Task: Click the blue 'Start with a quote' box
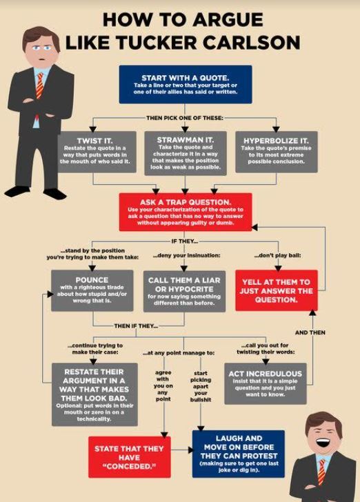tap(186, 85)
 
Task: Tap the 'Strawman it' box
tap(186, 153)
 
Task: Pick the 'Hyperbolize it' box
tap(277, 152)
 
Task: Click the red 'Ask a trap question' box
tap(186, 212)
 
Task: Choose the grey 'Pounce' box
tap(92, 291)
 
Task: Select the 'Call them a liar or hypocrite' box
tap(184, 291)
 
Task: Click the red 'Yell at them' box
tap(277, 290)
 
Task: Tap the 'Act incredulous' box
tap(266, 383)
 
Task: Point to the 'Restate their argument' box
tap(94, 394)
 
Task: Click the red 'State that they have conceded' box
tap(130, 457)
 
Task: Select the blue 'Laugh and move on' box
tap(239, 454)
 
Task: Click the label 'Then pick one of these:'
tap(185, 118)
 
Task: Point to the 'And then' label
tap(310, 332)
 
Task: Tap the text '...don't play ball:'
tap(277, 255)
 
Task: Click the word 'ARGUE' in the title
tap(228, 20)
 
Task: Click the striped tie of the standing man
tap(40, 86)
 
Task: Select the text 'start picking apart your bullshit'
tap(201, 386)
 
